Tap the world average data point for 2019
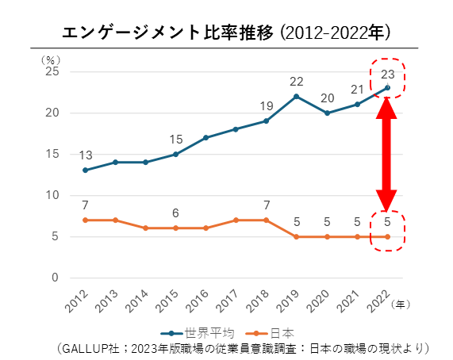pos(297,97)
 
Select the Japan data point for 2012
pos(85,220)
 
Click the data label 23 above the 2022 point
pos(387,75)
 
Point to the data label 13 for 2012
pos(85,155)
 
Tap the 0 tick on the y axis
pos(54,278)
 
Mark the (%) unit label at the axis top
pos(50,59)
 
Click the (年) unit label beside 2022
pos(403,304)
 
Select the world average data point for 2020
pos(327,113)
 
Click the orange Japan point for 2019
pos(297,236)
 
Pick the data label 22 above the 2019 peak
pos(297,81)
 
